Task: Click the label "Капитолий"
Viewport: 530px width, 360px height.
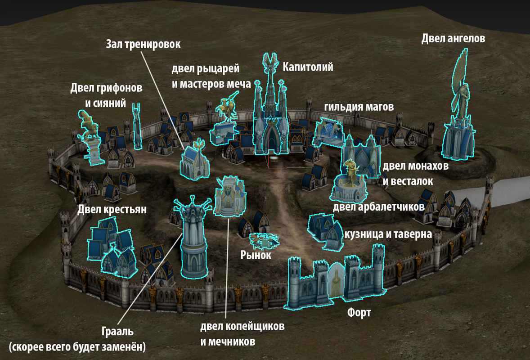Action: (x=308, y=67)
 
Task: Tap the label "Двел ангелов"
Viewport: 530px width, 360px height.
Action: (x=453, y=39)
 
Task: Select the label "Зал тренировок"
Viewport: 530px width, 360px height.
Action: (x=143, y=44)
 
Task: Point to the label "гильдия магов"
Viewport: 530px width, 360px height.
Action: (x=359, y=107)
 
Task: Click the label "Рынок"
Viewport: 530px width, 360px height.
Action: (x=256, y=255)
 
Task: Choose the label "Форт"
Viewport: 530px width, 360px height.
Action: (x=359, y=312)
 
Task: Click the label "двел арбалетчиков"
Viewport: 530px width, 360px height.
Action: (x=379, y=207)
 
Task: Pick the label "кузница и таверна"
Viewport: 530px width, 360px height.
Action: (x=387, y=234)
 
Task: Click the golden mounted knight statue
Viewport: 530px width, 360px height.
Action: (x=226, y=108)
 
